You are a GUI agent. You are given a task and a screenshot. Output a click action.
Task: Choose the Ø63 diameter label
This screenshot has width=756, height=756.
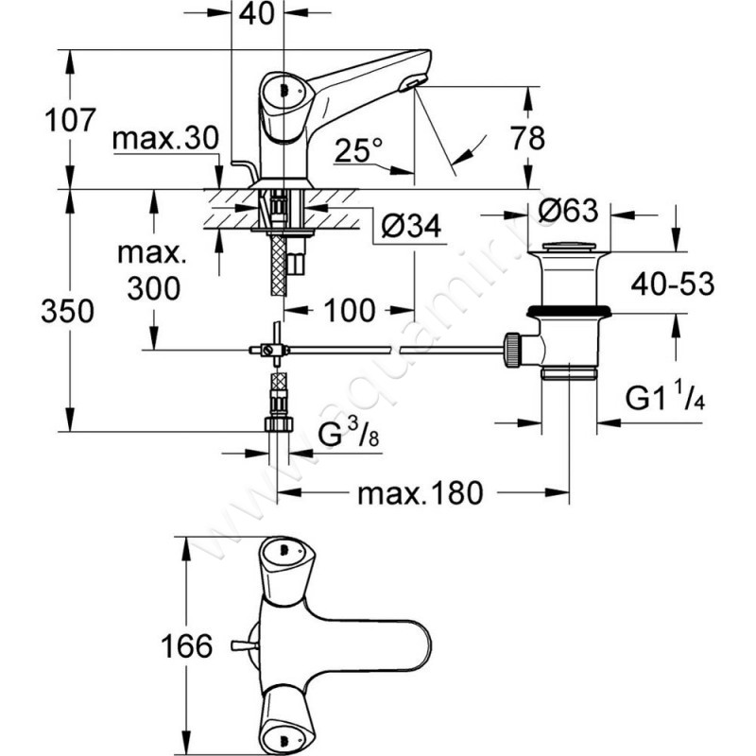[569, 211]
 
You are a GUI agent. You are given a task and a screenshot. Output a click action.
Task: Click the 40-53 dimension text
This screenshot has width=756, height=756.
[673, 284]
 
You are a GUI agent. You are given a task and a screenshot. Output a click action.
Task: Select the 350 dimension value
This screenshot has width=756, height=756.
[67, 311]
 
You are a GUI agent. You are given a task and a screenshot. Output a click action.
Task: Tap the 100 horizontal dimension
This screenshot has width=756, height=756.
[349, 309]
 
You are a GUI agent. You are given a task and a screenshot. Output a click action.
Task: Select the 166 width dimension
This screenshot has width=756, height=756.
[182, 647]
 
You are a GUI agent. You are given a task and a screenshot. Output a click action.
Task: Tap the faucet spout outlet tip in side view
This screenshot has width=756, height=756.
[409, 87]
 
